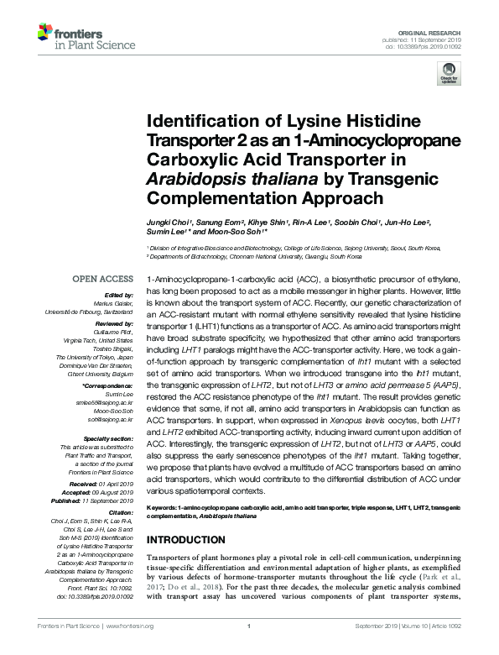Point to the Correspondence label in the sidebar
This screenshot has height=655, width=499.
(x=112, y=386)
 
